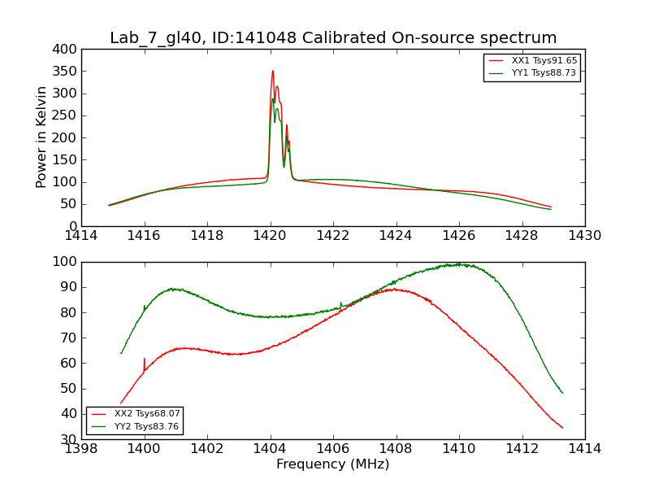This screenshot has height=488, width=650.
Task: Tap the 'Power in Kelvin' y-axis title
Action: click(x=41, y=137)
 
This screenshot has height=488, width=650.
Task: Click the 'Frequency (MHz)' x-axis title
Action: click(x=333, y=464)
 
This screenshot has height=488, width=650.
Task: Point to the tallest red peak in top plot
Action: click(x=273, y=71)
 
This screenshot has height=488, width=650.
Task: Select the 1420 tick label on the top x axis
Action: click(x=271, y=236)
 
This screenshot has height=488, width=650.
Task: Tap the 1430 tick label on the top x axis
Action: click(x=585, y=236)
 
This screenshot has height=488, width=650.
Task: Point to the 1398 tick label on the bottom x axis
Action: click(x=82, y=448)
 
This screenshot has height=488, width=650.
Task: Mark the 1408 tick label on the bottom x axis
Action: click(x=396, y=448)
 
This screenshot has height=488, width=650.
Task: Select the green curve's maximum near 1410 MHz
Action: click(x=458, y=264)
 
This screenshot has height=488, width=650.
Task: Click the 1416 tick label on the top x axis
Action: click(x=145, y=236)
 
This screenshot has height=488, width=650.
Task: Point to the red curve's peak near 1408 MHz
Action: click(x=395, y=289)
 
